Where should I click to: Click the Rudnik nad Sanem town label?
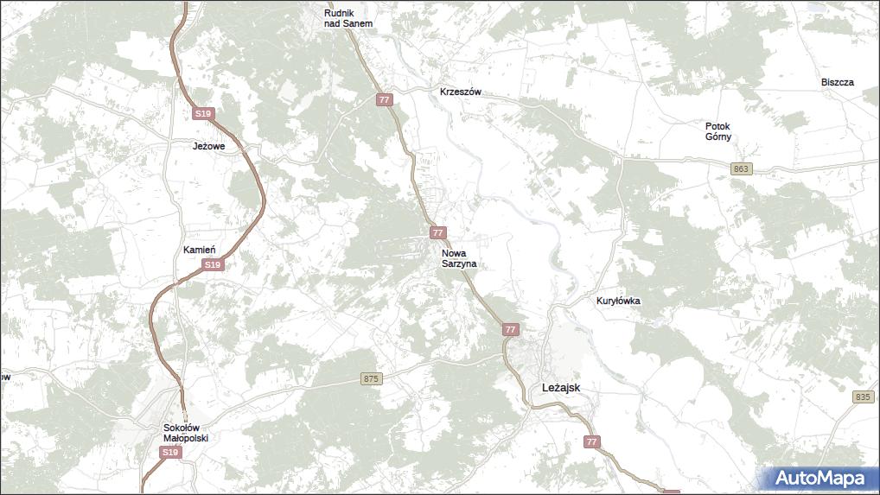(348, 18)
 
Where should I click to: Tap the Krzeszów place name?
(460, 92)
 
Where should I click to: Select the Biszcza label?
(837, 82)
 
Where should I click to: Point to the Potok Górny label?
(717, 131)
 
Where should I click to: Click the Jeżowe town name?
(208, 146)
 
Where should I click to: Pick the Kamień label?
(199, 250)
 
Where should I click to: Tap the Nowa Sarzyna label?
(458, 258)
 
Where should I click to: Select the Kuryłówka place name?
(617, 301)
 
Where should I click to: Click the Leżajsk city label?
(560, 388)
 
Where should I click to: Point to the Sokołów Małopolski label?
(186, 432)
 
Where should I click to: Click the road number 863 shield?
(741, 168)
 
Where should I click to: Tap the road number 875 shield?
(371, 378)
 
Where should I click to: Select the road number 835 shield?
(862, 397)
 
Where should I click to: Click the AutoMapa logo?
(819, 478)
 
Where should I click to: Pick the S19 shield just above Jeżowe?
(202, 114)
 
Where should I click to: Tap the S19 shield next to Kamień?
(214, 265)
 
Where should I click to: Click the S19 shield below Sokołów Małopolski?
(170, 453)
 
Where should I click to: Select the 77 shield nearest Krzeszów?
(385, 100)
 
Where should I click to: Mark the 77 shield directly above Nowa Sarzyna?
(438, 233)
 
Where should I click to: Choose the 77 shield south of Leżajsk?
(591, 442)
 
